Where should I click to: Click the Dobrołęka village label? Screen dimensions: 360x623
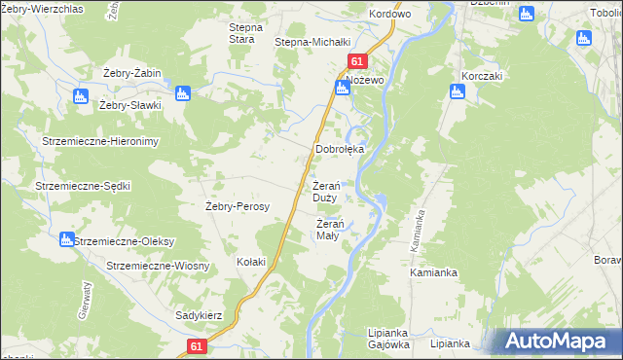pos(340,150)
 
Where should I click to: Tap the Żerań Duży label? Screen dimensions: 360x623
pos(325,192)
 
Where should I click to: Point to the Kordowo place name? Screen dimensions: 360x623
pos(390,15)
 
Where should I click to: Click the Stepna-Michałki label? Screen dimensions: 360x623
pos(311,43)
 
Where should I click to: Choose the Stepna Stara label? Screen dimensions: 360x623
pos(241,33)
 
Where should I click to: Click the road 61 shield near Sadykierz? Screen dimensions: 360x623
pos(198,346)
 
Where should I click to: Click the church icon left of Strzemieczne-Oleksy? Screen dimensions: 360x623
pos(66,239)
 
